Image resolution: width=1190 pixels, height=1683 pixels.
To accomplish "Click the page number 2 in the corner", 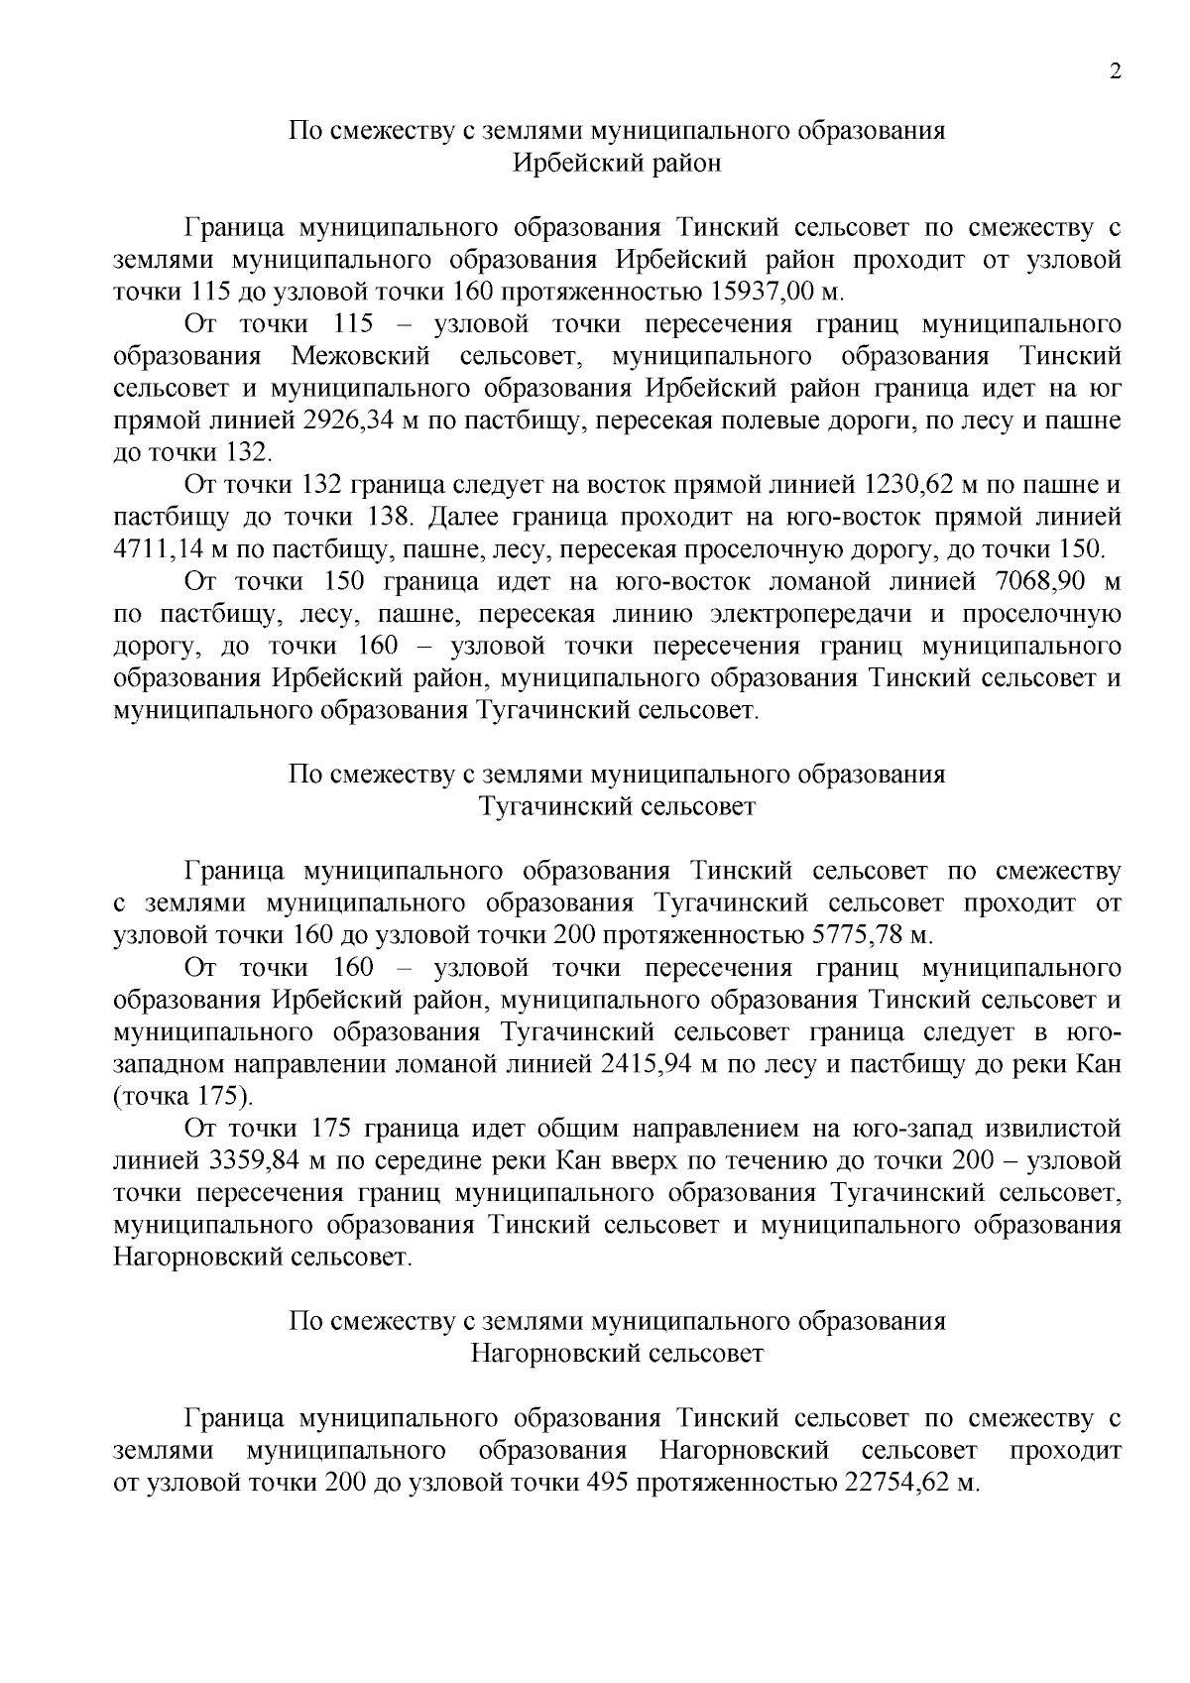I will point(1116,72).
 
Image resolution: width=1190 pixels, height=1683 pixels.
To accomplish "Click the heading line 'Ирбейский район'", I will point(616,163).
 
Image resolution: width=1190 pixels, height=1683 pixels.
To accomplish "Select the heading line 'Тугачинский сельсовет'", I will point(616,806).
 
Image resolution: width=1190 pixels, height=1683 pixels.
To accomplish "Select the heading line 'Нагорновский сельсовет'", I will point(616,1353).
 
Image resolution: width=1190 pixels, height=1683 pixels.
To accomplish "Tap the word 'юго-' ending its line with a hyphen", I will point(1095,1032).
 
